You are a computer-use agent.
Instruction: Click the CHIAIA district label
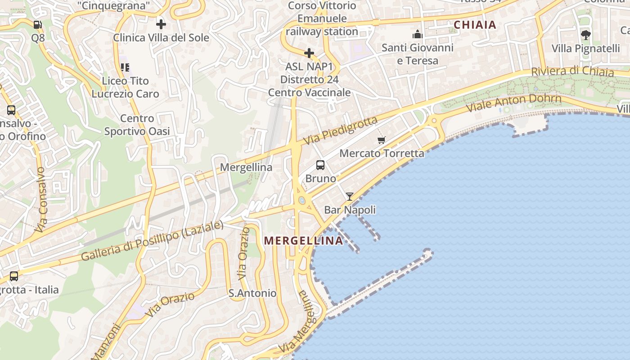[x=475, y=25]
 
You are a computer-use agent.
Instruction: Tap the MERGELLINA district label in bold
[x=304, y=241]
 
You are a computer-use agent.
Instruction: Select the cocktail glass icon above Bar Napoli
[x=350, y=197]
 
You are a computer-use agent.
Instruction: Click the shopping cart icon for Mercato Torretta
[x=382, y=140]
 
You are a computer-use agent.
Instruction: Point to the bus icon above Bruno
[x=320, y=165]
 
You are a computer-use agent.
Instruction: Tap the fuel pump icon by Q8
[x=38, y=25]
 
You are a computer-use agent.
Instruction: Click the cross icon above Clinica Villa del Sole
[x=161, y=24]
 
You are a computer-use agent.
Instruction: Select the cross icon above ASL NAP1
[x=309, y=54]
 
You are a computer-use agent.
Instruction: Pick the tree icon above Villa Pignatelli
[x=585, y=35]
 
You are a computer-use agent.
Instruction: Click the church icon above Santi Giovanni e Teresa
[x=418, y=35]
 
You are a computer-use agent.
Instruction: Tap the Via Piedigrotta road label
[x=340, y=130]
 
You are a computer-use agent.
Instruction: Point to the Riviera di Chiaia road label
[x=572, y=72]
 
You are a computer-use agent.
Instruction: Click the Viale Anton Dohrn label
[x=513, y=103]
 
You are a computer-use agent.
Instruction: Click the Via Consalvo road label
[x=40, y=200]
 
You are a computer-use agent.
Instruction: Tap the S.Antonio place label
[x=252, y=293]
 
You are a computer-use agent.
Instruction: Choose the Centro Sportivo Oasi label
[x=137, y=125]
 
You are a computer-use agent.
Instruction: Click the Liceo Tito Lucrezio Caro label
[x=126, y=87]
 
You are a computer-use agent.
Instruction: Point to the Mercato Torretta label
[x=382, y=153]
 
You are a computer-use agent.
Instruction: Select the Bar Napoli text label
[x=350, y=210]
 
